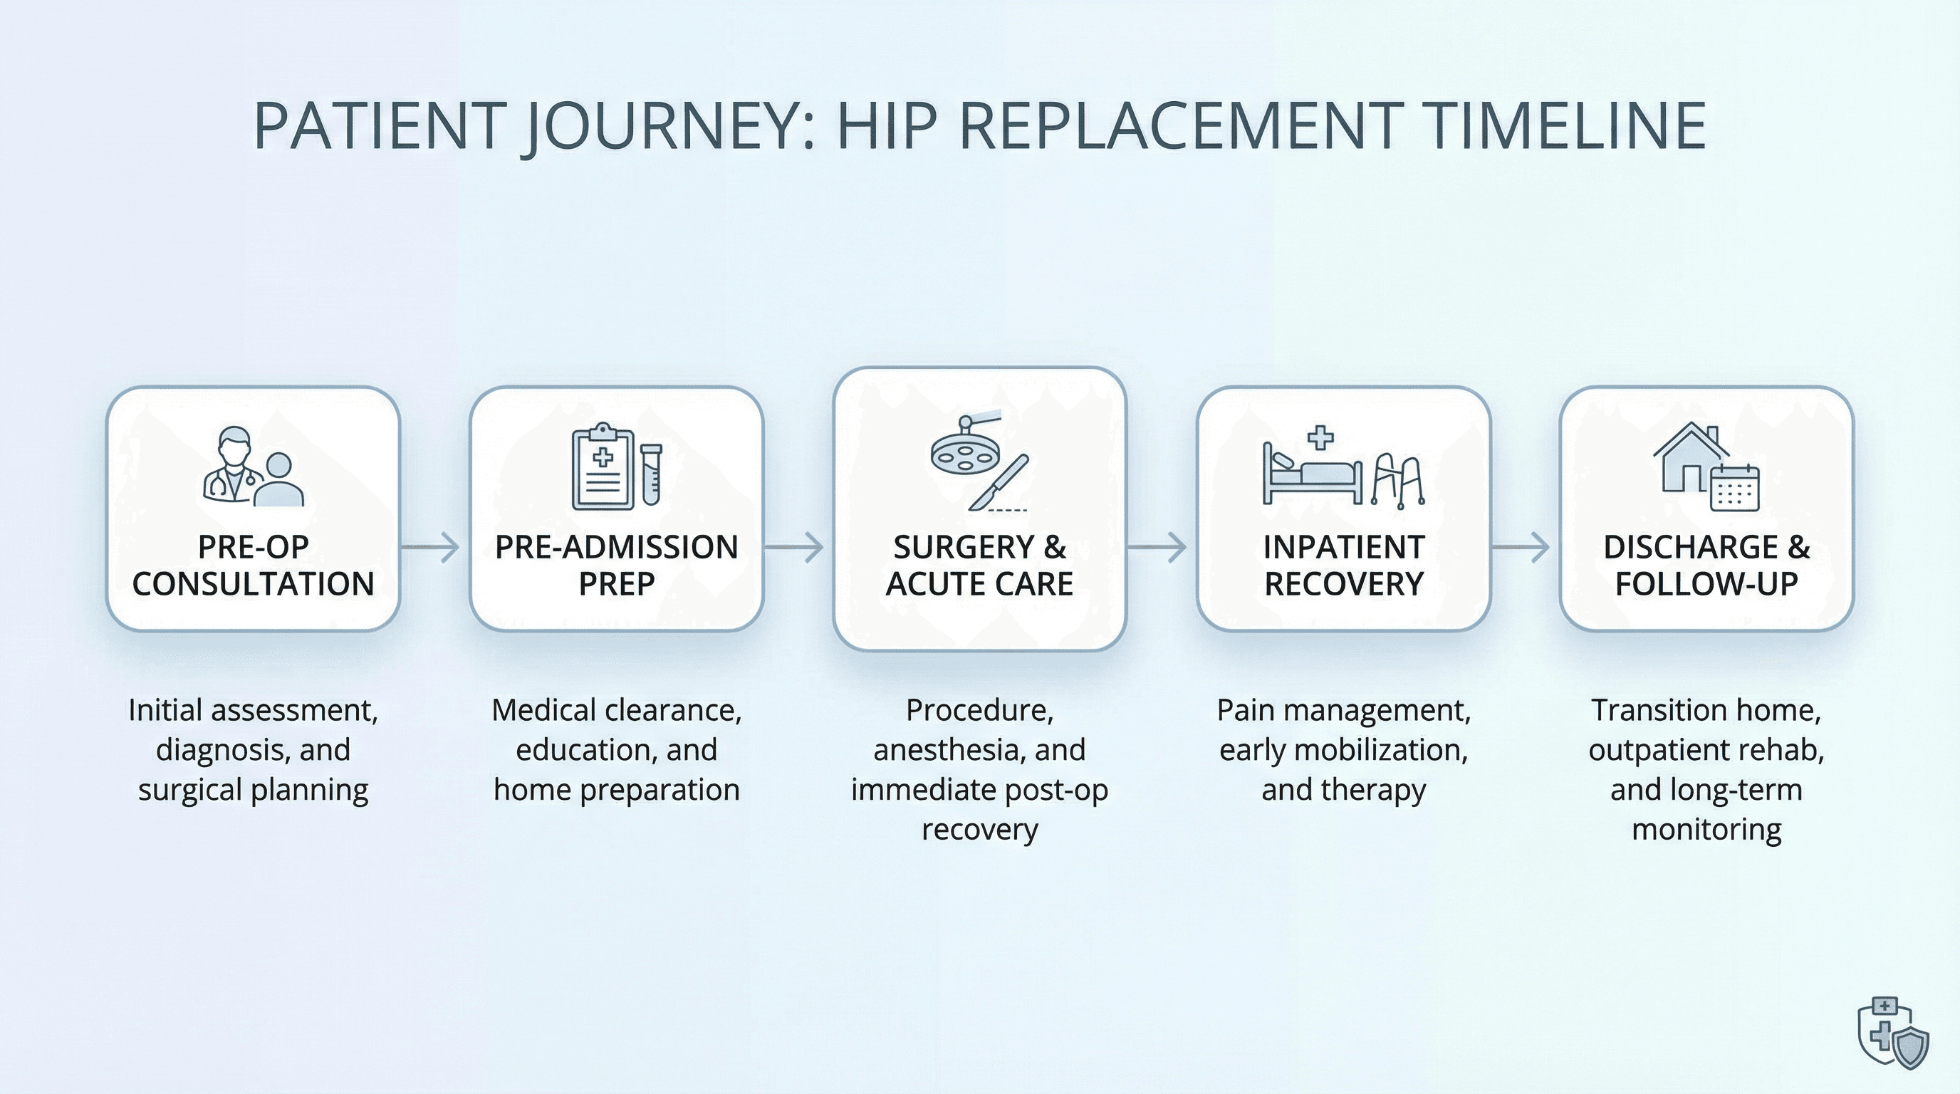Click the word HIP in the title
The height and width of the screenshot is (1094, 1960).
coord(887,125)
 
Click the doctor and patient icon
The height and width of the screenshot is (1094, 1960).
coord(252,467)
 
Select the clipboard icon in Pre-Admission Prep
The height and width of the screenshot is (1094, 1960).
coord(602,467)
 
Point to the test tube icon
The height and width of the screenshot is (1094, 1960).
coord(651,475)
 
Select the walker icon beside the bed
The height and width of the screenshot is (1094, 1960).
coord(1398,481)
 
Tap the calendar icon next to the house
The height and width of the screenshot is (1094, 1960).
coord(1735,489)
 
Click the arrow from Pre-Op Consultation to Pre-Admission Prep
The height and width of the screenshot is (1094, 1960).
coord(431,547)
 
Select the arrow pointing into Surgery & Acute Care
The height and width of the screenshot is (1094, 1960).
coord(794,547)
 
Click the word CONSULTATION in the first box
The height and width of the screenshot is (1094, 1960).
coord(253,584)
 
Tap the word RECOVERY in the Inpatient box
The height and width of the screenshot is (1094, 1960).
coord(1344,584)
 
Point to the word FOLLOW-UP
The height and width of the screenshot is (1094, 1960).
coord(1706,584)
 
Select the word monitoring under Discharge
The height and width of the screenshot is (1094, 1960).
coord(1706,829)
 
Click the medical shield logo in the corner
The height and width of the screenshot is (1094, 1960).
coord(1894,1033)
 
